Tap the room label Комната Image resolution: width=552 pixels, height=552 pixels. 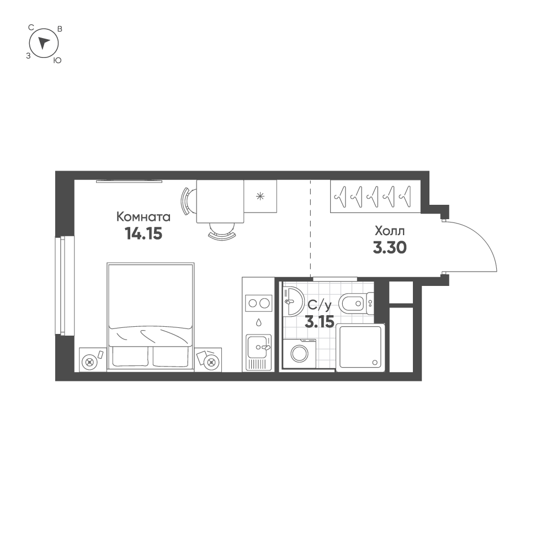click(144, 217)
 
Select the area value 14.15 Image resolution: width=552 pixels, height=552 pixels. click(144, 233)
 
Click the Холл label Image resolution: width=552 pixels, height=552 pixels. click(390, 231)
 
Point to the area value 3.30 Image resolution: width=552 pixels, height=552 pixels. click(390, 247)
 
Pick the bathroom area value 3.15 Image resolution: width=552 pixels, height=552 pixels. click(319, 322)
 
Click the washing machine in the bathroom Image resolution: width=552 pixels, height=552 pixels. click(300, 353)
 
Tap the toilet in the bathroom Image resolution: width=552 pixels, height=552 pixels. click(356, 302)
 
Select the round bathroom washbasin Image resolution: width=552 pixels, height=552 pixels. click(294, 301)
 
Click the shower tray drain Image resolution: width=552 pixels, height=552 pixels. click(375, 362)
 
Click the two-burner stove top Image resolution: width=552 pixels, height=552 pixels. click(259, 302)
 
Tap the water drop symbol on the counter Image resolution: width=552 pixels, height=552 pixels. click(259, 322)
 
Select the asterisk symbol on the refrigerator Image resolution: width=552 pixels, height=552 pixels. click(260, 197)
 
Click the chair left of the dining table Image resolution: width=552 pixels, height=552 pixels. click(186, 201)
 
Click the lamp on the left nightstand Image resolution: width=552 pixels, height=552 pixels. click(89, 362)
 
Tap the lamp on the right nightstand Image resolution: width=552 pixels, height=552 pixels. click(211, 362)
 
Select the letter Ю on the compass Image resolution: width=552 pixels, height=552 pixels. click(57, 61)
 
